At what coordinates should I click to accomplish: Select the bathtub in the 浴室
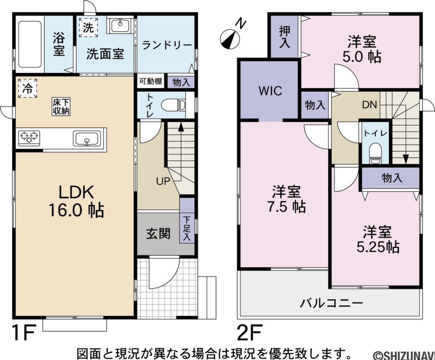[29, 44]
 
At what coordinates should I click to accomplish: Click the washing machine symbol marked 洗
[88, 28]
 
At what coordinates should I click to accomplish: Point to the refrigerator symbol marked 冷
[27, 88]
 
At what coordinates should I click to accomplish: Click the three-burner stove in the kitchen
[29, 137]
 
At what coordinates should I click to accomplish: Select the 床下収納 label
[61, 107]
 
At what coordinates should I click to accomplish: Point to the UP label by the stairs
[164, 181]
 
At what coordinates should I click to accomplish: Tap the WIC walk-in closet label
[270, 91]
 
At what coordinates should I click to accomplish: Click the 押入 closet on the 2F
[285, 37]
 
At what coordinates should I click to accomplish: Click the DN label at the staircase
[369, 105]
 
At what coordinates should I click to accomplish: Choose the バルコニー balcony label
[331, 303]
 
